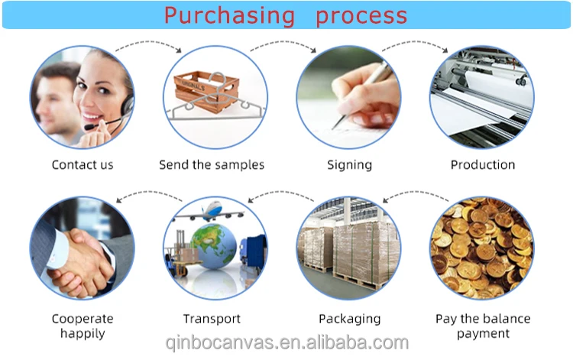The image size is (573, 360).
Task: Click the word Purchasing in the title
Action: coord(229,16)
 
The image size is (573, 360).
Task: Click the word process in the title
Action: coord(361,17)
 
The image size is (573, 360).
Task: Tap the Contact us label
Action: coord(83,165)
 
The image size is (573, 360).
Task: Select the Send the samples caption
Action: coord(212,165)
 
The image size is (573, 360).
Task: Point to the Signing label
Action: coord(350,165)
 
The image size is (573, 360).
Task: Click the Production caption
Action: coord(483,165)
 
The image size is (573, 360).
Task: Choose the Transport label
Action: coord(212,319)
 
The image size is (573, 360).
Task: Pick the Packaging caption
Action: coord(350,319)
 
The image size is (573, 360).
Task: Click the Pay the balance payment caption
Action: coord(483,326)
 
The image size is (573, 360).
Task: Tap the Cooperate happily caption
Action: coord(83,326)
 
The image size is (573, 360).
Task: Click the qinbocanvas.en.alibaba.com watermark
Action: coord(286,343)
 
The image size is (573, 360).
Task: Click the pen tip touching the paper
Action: coord(333,128)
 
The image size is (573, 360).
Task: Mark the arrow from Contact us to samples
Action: coord(148,43)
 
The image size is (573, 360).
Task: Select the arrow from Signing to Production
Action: coord(415,43)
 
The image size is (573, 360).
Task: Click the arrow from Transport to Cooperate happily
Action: coord(149,193)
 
